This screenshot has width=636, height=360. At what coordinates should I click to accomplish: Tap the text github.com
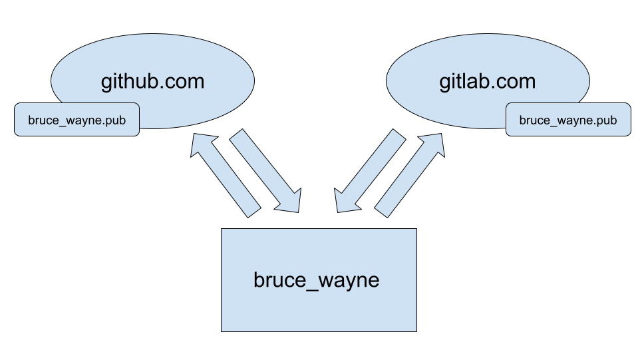(x=152, y=82)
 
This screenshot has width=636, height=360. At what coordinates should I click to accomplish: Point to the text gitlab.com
(x=487, y=82)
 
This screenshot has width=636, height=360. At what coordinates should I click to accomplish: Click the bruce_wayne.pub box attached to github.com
(x=77, y=120)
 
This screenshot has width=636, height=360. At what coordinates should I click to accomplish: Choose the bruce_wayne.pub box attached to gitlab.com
(x=567, y=120)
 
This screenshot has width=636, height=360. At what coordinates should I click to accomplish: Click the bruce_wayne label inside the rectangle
(x=316, y=279)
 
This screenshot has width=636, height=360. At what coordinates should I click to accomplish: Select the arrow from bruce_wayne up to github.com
(x=226, y=176)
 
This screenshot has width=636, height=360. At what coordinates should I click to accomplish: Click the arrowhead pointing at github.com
(x=202, y=145)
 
